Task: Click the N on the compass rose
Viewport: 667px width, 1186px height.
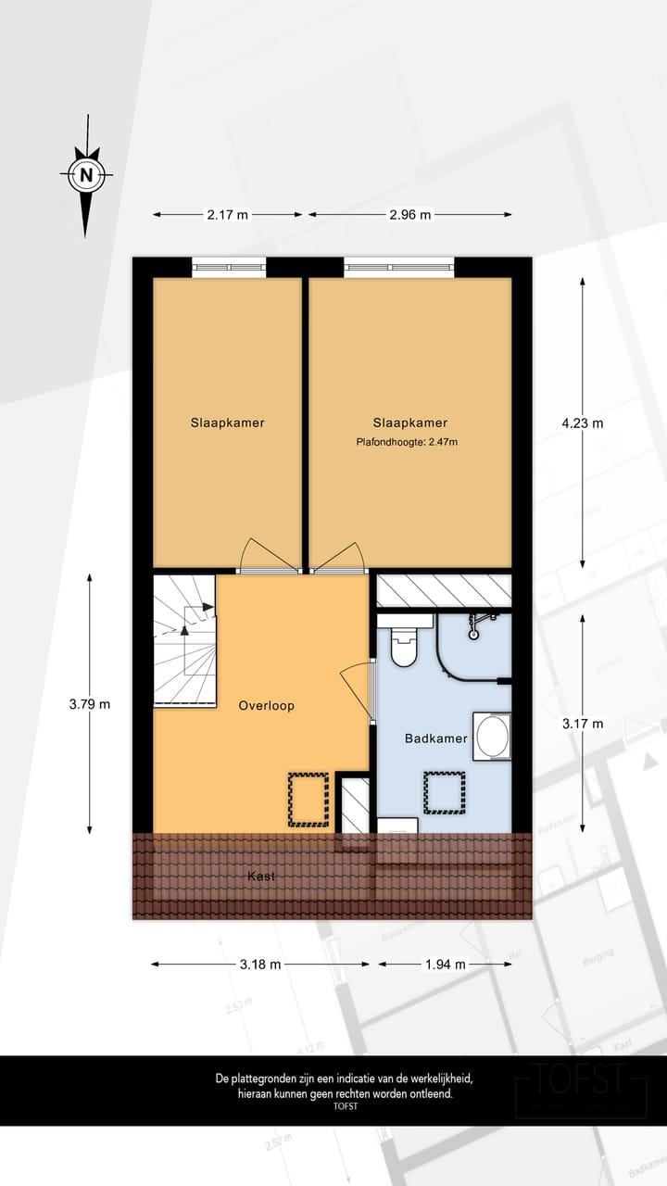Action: pyautogui.click(x=87, y=173)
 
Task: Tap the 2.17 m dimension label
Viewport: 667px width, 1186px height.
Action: pyautogui.click(x=227, y=215)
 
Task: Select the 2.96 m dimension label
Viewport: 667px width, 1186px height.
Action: pyautogui.click(x=409, y=215)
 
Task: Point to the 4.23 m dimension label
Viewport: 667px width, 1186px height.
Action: pyautogui.click(x=582, y=423)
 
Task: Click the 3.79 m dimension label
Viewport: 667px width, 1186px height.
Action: pyautogui.click(x=89, y=703)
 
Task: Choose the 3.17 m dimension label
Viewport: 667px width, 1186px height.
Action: pyautogui.click(x=582, y=724)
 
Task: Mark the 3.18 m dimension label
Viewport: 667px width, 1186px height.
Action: pyautogui.click(x=259, y=964)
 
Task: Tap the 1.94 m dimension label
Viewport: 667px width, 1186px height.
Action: pyautogui.click(x=445, y=964)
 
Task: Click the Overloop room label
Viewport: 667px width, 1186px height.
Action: pyautogui.click(x=266, y=705)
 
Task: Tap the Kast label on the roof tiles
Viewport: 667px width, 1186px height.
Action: pyautogui.click(x=261, y=876)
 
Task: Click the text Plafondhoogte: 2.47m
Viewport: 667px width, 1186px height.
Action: pyautogui.click(x=408, y=442)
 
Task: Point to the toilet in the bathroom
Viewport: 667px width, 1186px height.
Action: pyautogui.click(x=406, y=646)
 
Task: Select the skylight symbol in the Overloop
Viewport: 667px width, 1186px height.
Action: pyautogui.click(x=308, y=799)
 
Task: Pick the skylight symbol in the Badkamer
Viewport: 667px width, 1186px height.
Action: pyautogui.click(x=445, y=791)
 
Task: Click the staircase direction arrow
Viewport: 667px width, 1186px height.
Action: pyautogui.click(x=185, y=628)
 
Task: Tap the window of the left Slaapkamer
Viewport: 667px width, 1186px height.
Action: pyautogui.click(x=229, y=267)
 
